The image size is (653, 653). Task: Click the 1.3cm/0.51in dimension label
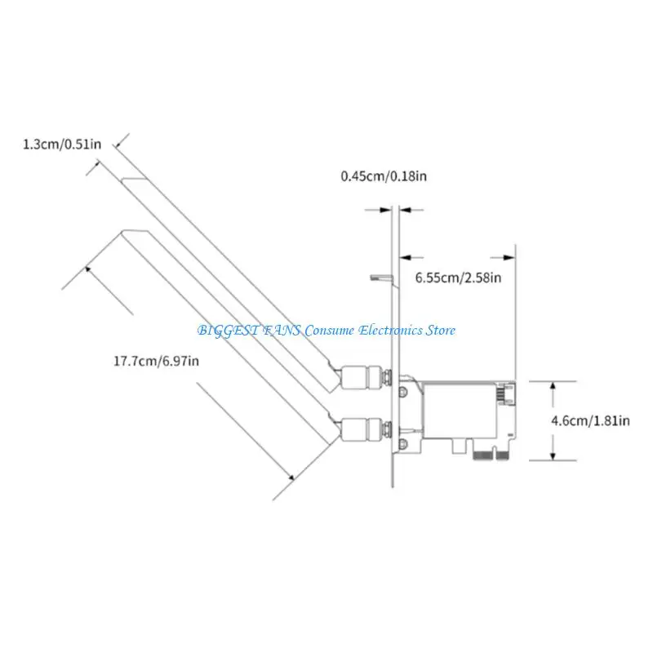(62, 144)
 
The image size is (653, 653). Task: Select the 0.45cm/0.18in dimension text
(384, 175)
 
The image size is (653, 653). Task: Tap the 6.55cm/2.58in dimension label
(458, 278)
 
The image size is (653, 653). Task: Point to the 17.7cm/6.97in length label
(156, 361)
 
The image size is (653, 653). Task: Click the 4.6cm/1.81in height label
(590, 420)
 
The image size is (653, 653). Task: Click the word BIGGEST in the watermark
(228, 331)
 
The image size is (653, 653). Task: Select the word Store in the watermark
(440, 331)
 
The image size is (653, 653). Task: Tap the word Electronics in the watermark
(390, 331)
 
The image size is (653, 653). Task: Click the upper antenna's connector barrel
(362, 377)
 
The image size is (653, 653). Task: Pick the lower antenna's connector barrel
(362, 429)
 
